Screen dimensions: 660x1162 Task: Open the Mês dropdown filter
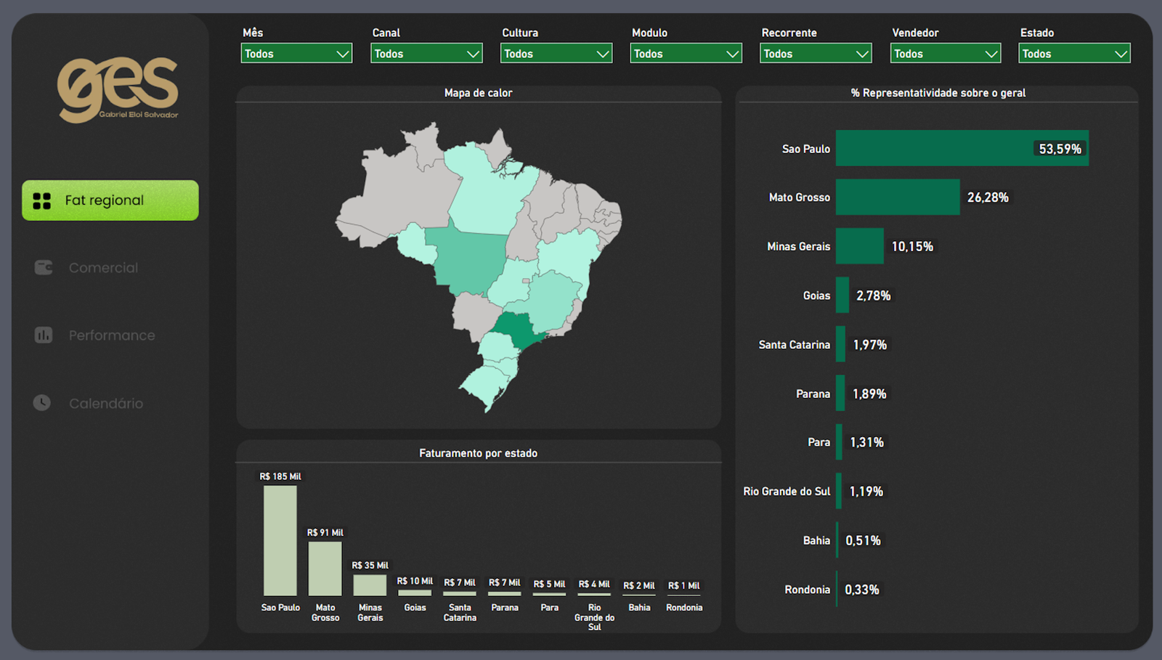click(296, 54)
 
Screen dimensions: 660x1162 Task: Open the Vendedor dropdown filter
click(945, 54)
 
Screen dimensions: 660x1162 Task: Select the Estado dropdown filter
click(1073, 54)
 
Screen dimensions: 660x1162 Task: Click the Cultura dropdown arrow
click(602, 54)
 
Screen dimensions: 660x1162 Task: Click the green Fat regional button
click(110, 200)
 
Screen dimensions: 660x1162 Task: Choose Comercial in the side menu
click(102, 268)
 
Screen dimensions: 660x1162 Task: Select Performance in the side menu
click(111, 335)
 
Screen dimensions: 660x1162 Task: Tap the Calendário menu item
click(105, 403)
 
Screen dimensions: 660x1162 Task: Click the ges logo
click(118, 89)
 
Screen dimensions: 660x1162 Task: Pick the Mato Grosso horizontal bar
click(897, 197)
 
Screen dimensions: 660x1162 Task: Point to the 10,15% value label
click(912, 247)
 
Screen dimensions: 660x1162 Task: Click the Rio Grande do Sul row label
click(787, 492)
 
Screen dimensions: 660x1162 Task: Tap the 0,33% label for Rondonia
click(862, 590)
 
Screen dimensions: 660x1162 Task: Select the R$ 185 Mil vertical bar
click(280, 540)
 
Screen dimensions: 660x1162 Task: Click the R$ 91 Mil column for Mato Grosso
click(325, 569)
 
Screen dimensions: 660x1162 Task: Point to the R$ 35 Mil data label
click(370, 565)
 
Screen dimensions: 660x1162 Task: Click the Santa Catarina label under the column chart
click(460, 612)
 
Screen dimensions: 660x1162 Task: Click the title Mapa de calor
click(478, 93)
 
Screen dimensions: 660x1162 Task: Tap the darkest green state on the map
click(515, 330)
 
